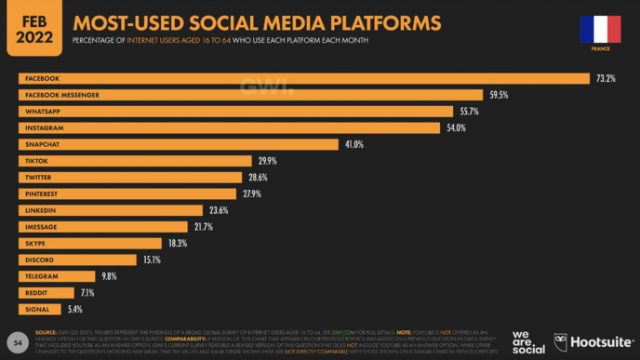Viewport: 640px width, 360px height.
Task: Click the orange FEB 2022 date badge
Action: [x=35, y=28]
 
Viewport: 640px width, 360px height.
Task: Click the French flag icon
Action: [x=593, y=29]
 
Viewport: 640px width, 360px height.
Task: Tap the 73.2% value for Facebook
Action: [x=606, y=78]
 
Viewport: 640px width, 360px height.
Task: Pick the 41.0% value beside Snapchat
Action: [x=353, y=144]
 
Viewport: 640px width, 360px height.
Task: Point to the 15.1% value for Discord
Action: [x=153, y=260]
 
